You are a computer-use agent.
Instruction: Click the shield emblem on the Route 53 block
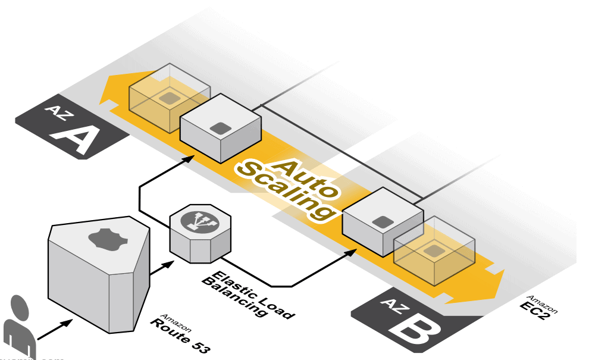[108, 239]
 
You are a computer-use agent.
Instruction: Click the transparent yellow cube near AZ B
[434, 253]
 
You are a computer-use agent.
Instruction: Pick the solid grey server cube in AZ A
[220, 127]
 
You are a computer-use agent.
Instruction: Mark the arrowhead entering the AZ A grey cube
[190, 158]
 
